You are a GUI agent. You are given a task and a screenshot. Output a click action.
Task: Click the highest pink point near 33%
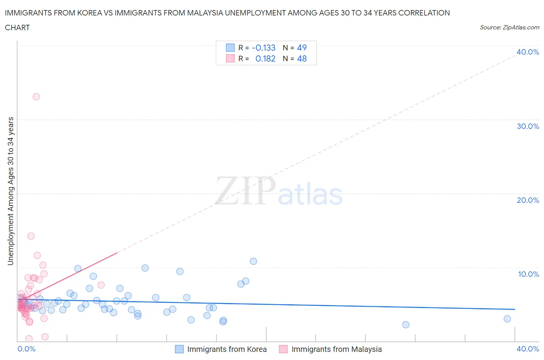pyautogui.click(x=36, y=97)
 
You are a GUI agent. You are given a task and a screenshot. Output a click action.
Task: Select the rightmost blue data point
pyautogui.click(x=507, y=319)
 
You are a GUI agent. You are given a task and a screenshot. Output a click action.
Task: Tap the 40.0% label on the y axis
pyautogui.click(x=528, y=52)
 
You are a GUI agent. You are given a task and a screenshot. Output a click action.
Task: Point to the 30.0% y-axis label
pyautogui.click(x=528, y=126)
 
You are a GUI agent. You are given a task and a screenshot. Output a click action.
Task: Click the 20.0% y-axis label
pyautogui.click(x=528, y=200)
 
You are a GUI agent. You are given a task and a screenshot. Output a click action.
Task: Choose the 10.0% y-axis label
pyautogui.click(x=528, y=274)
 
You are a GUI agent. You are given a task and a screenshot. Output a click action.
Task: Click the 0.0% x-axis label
pyautogui.click(x=26, y=349)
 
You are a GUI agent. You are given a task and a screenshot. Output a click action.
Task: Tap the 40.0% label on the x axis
pyautogui.click(x=528, y=349)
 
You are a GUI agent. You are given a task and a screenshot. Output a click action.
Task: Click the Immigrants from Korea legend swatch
pyautogui.click(x=179, y=349)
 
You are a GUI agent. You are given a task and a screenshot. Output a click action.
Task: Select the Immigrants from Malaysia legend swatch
pyautogui.click(x=284, y=349)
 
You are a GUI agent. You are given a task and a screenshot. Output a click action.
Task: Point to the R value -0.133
pyautogui.click(x=263, y=48)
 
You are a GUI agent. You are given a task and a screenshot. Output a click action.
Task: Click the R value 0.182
pyautogui.click(x=265, y=58)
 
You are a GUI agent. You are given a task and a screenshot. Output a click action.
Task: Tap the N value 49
pyautogui.click(x=302, y=48)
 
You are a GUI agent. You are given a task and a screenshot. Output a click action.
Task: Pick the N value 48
pyautogui.click(x=302, y=58)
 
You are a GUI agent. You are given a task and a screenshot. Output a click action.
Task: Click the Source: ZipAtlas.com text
pyautogui.click(x=509, y=27)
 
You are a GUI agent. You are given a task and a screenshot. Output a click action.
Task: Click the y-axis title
pyautogui.click(x=10, y=191)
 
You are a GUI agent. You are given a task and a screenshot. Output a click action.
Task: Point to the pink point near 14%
pyautogui.click(x=31, y=236)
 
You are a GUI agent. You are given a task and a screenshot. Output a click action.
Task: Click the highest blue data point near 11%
pyautogui.click(x=253, y=261)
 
